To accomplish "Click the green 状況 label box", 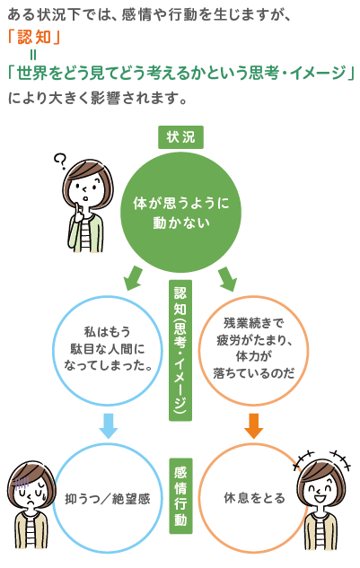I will [180, 136].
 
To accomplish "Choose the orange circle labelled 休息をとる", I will [254, 496].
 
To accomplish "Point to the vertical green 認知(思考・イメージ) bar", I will [180, 350].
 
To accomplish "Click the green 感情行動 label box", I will [180, 495].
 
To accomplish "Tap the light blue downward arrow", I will [108, 425].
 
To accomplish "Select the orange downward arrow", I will [254, 425].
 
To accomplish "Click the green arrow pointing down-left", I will [133, 278].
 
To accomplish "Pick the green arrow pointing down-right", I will [226, 278].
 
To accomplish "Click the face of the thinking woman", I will [85, 190].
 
